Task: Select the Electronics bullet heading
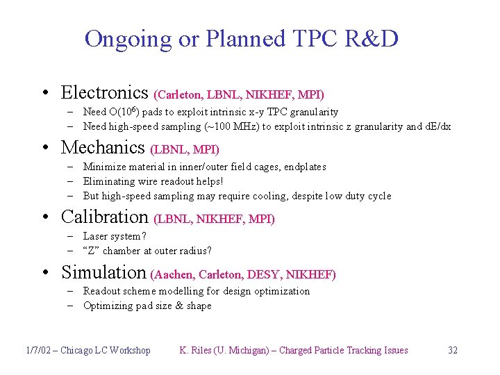(x=105, y=92)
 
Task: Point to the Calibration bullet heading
(x=105, y=217)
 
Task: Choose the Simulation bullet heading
(x=103, y=272)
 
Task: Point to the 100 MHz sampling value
(x=219, y=126)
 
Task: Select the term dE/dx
(x=438, y=126)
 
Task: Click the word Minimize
(x=103, y=167)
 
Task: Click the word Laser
(x=96, y=236)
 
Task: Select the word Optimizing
(x=108, y=306)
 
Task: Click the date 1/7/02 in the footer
(x=39, y=351)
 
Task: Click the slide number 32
(x=453, y=351)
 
